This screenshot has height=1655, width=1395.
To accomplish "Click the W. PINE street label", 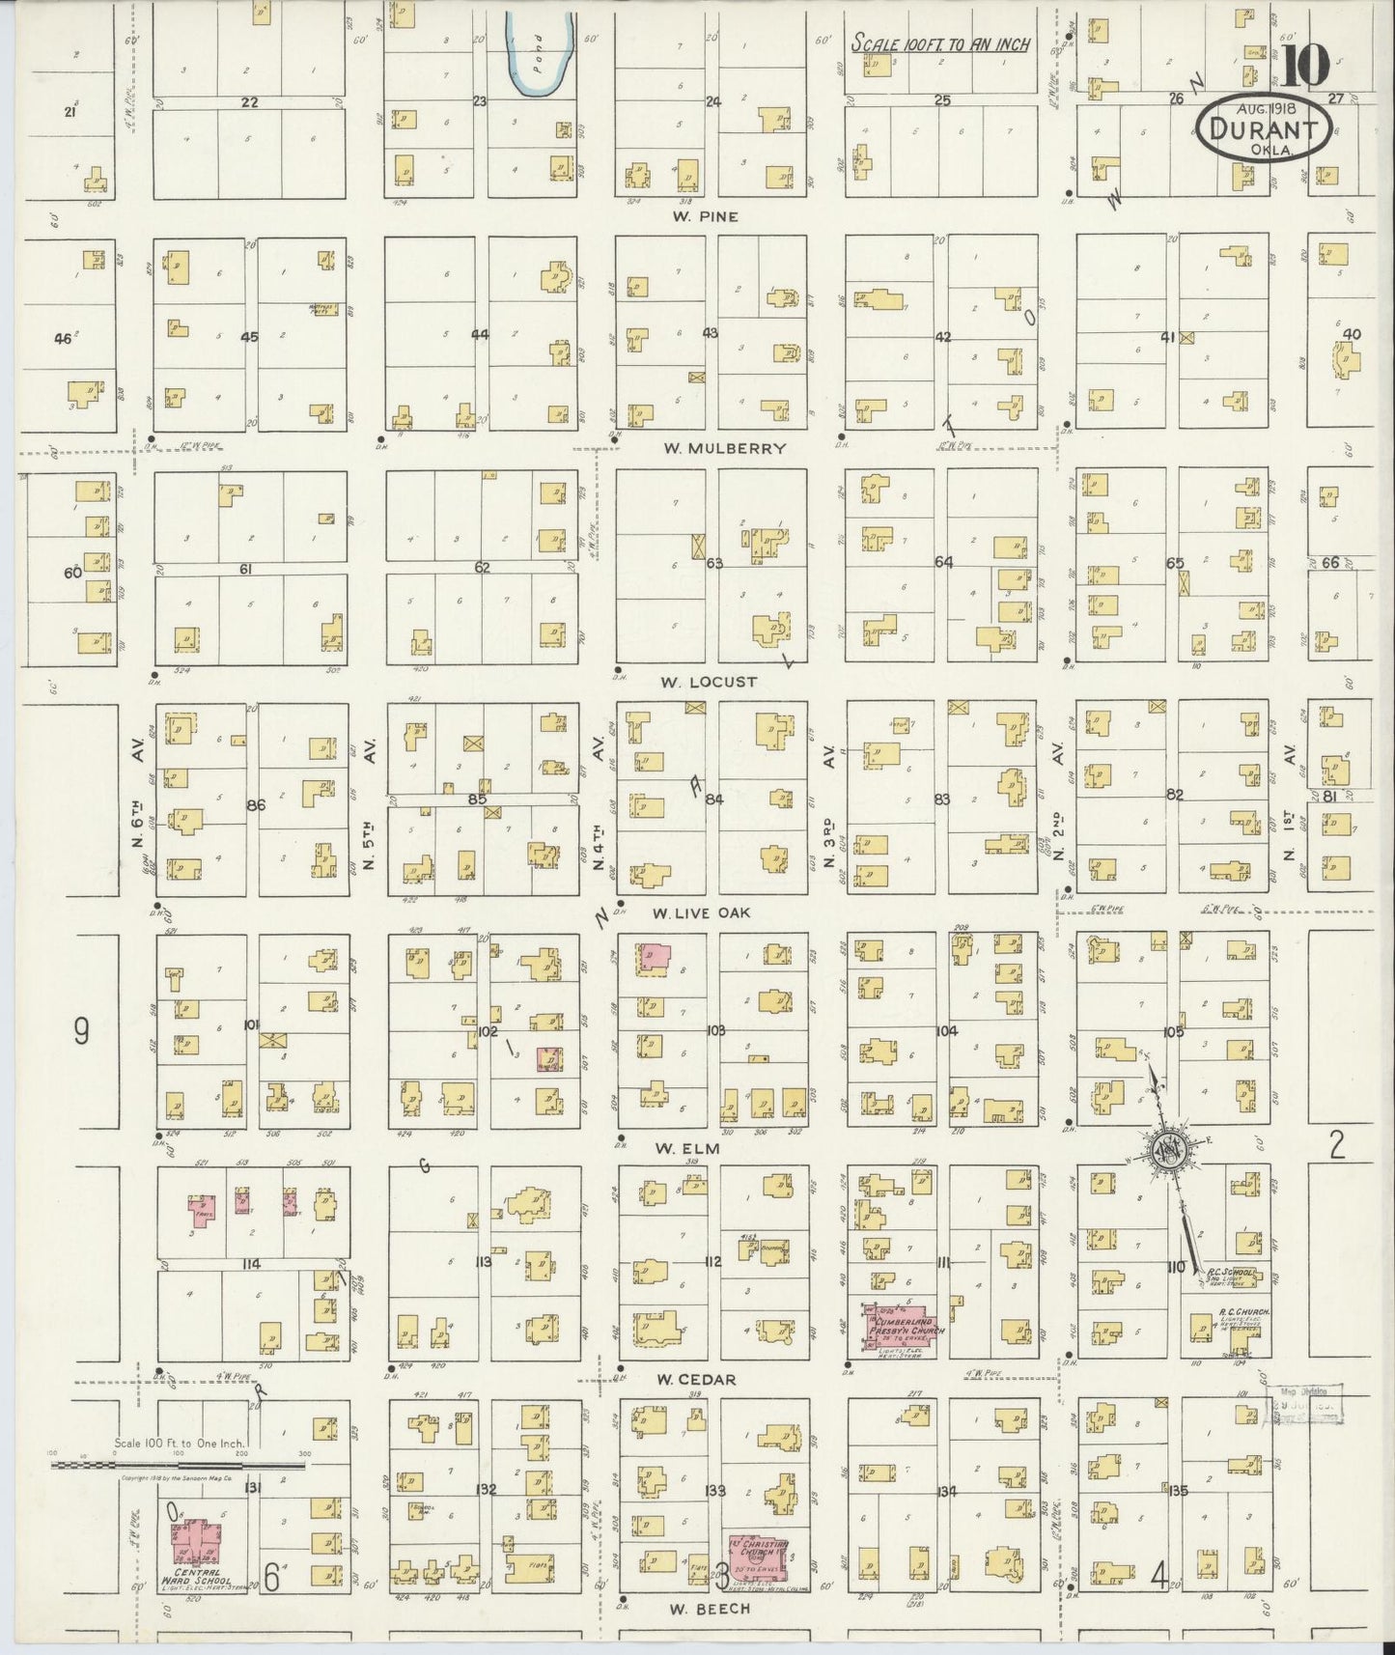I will click(705, 216).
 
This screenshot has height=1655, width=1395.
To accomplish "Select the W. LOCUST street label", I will click(708, 682).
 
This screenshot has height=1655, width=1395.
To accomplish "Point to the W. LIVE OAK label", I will click(701, 912).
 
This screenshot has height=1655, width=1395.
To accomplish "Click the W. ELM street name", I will click(688, 1148).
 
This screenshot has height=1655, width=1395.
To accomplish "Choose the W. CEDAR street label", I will click(695, 1380).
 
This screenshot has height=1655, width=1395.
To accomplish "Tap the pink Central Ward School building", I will click(196, 1542).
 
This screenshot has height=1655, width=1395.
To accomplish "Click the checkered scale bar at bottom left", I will click(179, 1465).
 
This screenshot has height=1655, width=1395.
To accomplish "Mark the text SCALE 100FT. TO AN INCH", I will click(940, 43).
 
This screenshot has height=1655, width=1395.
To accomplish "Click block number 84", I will click(714, 799).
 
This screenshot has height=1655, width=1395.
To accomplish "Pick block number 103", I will click(715, 1031).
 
